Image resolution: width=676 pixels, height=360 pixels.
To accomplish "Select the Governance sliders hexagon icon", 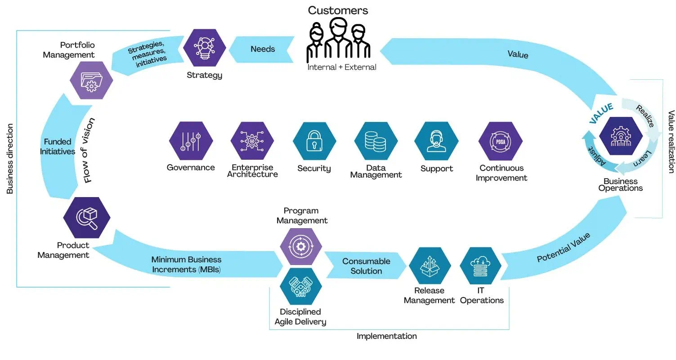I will (x=191, y=141).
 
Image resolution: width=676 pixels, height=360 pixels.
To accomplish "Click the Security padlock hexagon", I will (x=314, y=141).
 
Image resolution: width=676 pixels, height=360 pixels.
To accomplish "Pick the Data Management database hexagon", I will (x=376, y=141).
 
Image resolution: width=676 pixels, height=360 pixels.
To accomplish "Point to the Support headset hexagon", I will (x=436, y=141).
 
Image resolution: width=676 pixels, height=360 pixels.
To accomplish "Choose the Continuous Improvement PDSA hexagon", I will (x=501, y=141).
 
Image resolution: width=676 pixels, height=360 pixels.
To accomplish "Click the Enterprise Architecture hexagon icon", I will (x=252, y=141).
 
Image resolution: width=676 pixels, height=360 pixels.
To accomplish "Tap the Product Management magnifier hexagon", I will (x=87, y=218).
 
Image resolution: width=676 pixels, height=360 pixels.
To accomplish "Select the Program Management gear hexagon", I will (x=301, y=246).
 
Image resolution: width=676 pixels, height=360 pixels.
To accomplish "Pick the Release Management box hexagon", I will (x=430, y=266).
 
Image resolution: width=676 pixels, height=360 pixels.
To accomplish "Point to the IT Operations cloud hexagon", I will (x=481, y=266).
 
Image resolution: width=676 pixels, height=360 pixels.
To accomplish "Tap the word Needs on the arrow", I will (x=263, y=49).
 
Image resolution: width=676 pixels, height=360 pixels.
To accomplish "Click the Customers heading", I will (x=338, y=10).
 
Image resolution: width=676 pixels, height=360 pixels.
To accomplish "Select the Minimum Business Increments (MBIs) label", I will (x=186, y=265).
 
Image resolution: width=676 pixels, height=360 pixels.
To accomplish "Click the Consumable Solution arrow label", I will (x=366, y=266).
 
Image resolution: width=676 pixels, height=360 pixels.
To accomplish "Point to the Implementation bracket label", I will (x=386, y=336).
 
